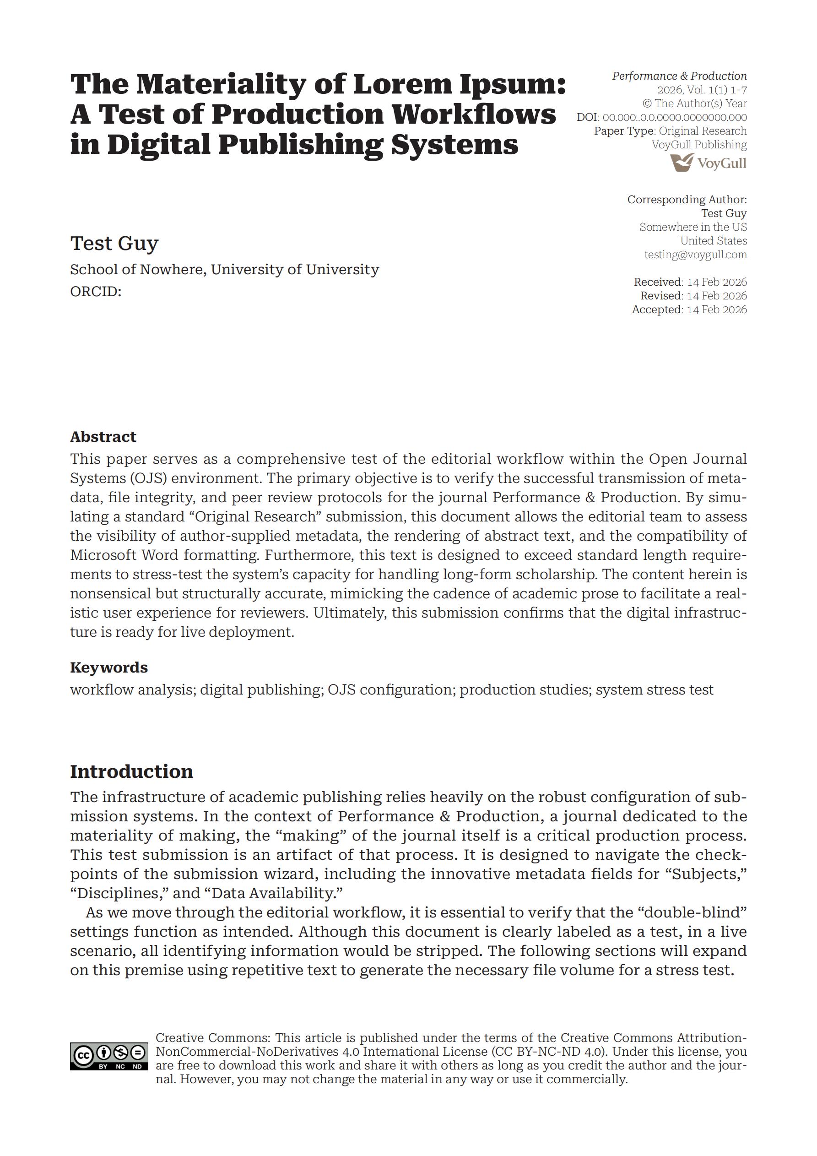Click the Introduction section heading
click(131, 771)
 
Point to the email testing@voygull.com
click(695, 254)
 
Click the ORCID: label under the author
click(96, 292)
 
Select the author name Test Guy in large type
click(114, 243)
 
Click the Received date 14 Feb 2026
click(716, 282)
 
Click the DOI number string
click(675, 117)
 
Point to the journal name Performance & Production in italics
click(679, 76)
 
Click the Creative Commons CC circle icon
click(84, 1054)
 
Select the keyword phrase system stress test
click(655, 690)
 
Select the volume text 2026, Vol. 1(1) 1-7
click(702, 90)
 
